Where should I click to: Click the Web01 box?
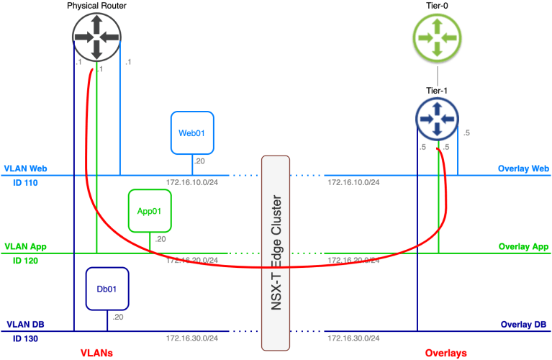tap(192, 133)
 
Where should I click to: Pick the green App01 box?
tap(149, 211)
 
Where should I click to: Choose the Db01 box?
tap(107, 289)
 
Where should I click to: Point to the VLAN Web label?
tap(25, 168)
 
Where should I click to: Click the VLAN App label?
tap(25, 247)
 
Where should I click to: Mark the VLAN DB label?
tap(24, 325)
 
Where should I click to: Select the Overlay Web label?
tap(523, 169)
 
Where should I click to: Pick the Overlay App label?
tap(523, 247)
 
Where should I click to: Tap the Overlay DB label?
tap(525, 325)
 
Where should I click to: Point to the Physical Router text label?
tap(96, 6)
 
